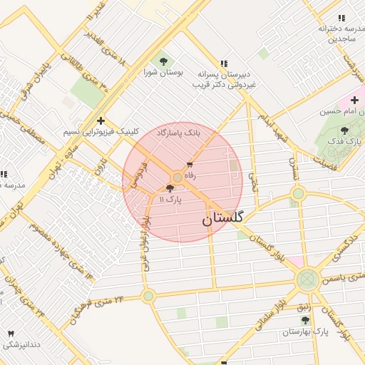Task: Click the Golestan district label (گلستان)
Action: pos(222,218)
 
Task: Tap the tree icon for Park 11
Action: pos(170,189)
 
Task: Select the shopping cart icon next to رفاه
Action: pos(189,163)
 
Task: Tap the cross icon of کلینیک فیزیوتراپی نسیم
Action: pos(101,120)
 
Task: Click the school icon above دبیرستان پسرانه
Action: pos(225,63)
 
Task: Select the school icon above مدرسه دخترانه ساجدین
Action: pos(341,18)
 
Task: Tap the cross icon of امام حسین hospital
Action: pos(354,101)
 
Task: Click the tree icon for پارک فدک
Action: pos(345,130)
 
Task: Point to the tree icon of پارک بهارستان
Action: pos(306,320)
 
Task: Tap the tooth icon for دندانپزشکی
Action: pos(11,334)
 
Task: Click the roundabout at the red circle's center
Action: pos(177,176)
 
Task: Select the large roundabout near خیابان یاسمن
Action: pos(308,279)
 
